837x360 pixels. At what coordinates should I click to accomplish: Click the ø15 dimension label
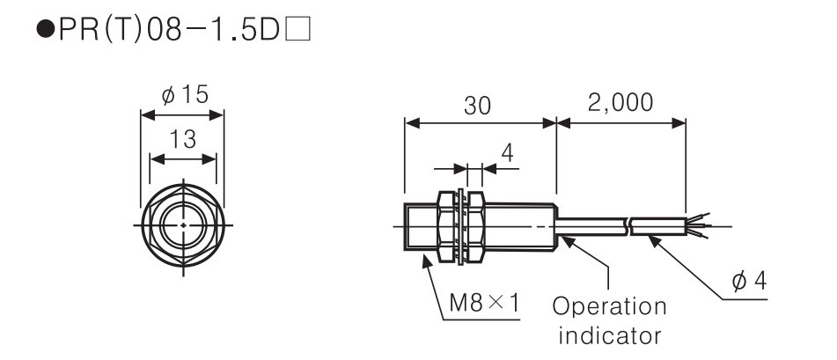(184, 95)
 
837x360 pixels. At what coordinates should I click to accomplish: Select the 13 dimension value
(183, 140)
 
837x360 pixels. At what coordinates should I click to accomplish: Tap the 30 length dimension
(477, 106)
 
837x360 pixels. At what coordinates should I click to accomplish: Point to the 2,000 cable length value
(620, 103)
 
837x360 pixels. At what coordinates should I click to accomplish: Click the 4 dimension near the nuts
(508, 153)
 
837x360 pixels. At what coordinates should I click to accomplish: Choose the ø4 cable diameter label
(749, 281)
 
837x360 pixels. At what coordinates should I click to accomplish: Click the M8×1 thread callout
(484, 304)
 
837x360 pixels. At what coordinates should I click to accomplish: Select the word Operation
(609, 307)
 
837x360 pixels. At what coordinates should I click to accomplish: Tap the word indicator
(610, 336)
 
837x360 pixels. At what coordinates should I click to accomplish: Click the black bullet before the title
(46, 30)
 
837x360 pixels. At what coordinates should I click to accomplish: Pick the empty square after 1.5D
(297, 30)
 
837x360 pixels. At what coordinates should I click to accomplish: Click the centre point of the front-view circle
(183, 225)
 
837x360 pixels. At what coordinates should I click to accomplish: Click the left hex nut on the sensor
(447, 226)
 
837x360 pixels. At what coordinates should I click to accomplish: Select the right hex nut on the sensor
(475, 226)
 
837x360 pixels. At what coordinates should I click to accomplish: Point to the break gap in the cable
(628, 226)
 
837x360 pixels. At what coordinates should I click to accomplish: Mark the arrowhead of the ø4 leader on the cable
(655, 241)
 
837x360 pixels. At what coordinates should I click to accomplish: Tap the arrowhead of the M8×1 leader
(427, 261)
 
